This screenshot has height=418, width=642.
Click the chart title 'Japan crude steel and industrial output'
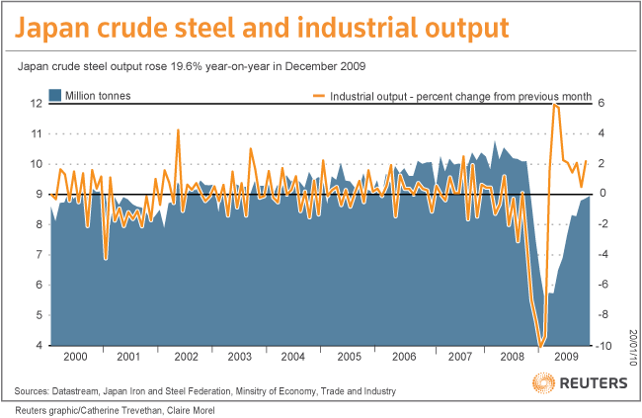point(263,27)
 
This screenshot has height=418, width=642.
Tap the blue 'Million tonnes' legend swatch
point(56,96)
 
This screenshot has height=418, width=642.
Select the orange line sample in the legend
point(317,96)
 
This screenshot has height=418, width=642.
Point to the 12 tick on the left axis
point(35,103)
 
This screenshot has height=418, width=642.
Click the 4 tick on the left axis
point(38,346)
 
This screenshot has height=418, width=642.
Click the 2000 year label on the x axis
point(75,355)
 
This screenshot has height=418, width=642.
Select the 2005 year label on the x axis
point(348,355)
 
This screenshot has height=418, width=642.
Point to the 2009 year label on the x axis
point(565,355)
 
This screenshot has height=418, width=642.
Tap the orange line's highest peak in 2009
point(555,104)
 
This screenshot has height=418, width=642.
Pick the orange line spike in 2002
point(178,129)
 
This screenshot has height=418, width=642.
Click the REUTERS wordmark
point(593,381)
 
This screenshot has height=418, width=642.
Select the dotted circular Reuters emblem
point(542,381)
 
